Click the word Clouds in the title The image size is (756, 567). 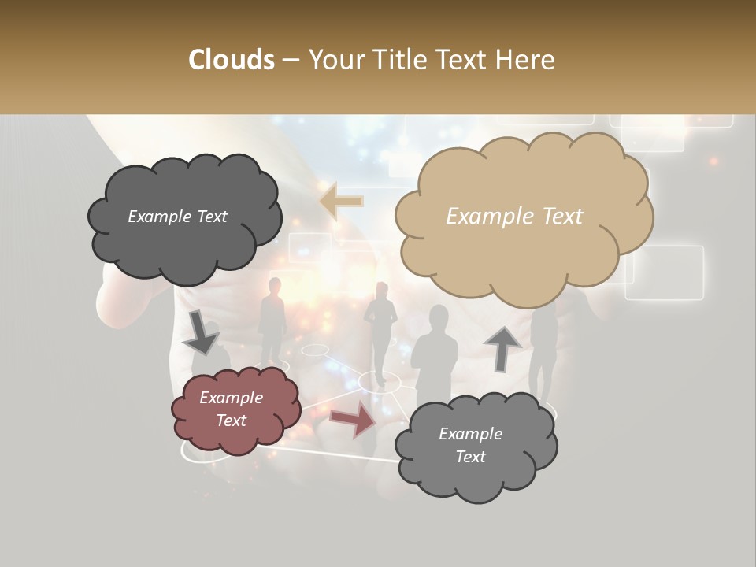pos(231,60)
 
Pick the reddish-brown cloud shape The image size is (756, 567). pos(235,410)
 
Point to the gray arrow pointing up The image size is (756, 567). pos(502,348)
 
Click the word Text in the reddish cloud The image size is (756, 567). pos(232,421)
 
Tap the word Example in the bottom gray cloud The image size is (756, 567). pos(470,434)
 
